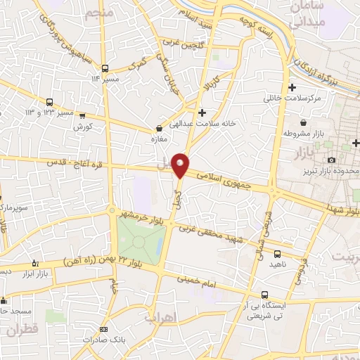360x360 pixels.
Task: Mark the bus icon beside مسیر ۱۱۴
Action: point(105,68)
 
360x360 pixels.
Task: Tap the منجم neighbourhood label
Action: point(98,14)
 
